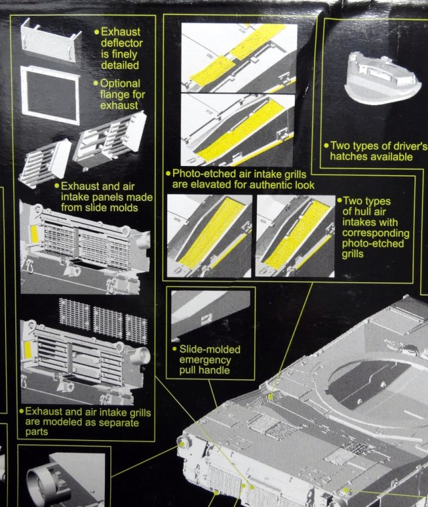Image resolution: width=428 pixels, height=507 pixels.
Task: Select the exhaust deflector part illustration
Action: pyautogui.click(x=49, y=40)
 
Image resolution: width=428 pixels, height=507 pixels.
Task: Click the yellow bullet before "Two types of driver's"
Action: pyautogui.click(x=326, y=145)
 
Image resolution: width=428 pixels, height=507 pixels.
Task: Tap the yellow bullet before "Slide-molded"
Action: pyautogui.click(x=174, y=350)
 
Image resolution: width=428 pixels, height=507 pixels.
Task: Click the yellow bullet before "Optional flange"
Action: pyautogui.click(x=96, y=84)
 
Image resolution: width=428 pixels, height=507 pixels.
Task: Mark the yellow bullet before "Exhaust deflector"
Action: pyautogui.click(x=96, y=31)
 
